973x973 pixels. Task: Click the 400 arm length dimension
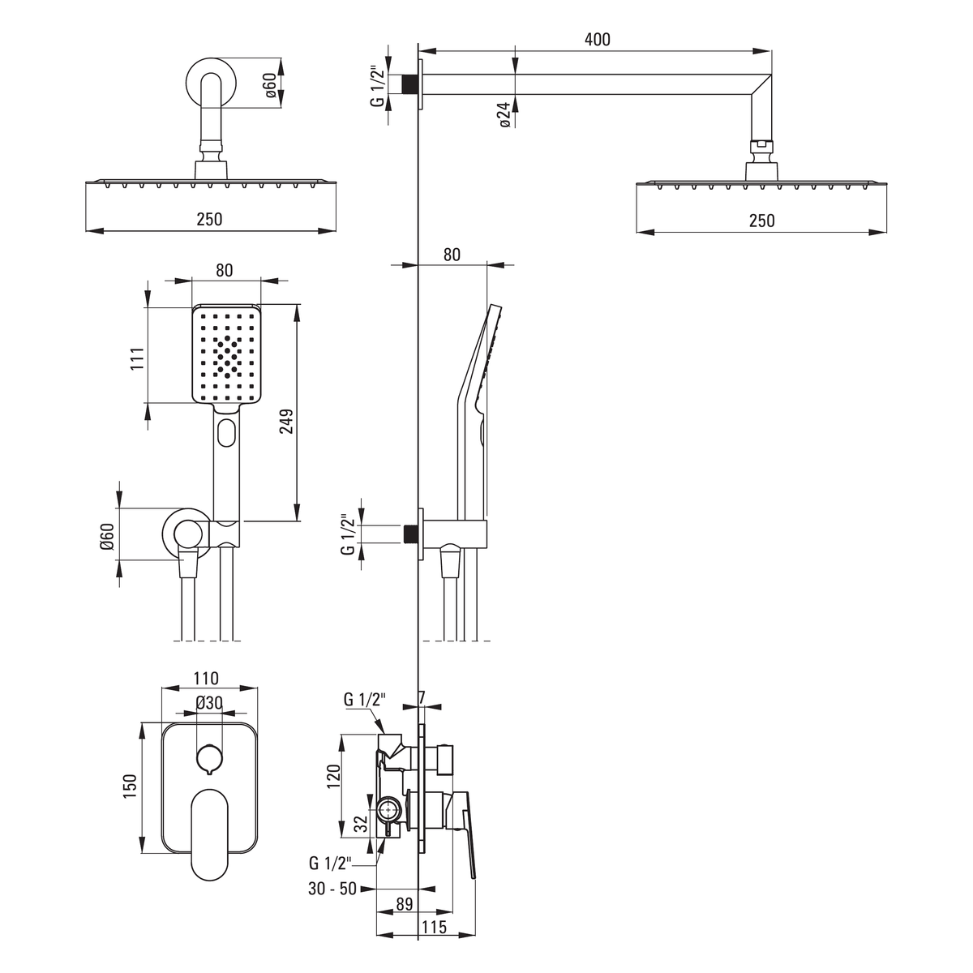click(x=598, y=40)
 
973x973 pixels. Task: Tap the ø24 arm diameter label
click(x=505, y=115)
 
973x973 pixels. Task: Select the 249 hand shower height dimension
click(x=286, y=421)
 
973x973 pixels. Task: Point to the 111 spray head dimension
click(x=137, y=359)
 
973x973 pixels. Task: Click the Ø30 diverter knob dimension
click(x=209, y=702)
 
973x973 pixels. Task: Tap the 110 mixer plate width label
click(x=205, y=678)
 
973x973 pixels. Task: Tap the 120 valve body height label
click(x=334, y=777)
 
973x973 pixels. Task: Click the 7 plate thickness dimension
click(x=422, y=697)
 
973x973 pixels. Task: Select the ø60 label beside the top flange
click(x=270, y=85)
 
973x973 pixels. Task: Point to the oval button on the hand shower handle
click(x=227, y=433)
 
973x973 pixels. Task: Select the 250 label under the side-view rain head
click(x=761, y=221)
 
